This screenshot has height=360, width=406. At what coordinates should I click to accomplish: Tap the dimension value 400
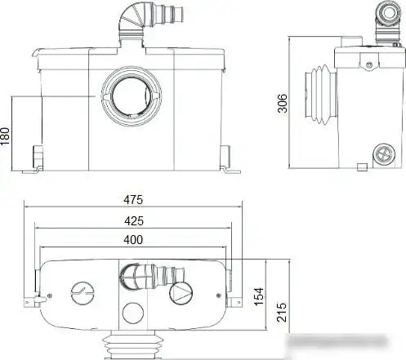click(133, 239)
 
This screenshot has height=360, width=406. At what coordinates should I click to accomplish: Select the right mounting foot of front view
click(226, 158)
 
